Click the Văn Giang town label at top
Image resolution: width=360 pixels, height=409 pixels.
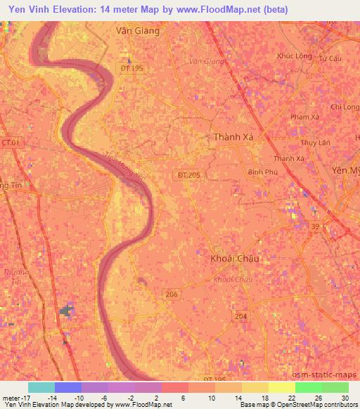137,31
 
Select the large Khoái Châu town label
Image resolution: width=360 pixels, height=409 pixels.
235,259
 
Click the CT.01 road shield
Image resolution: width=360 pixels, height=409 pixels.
11,143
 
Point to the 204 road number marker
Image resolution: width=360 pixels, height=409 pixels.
241,317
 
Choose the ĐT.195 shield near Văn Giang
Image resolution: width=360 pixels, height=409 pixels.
131,68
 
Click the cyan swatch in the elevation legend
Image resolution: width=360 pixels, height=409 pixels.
41,387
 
